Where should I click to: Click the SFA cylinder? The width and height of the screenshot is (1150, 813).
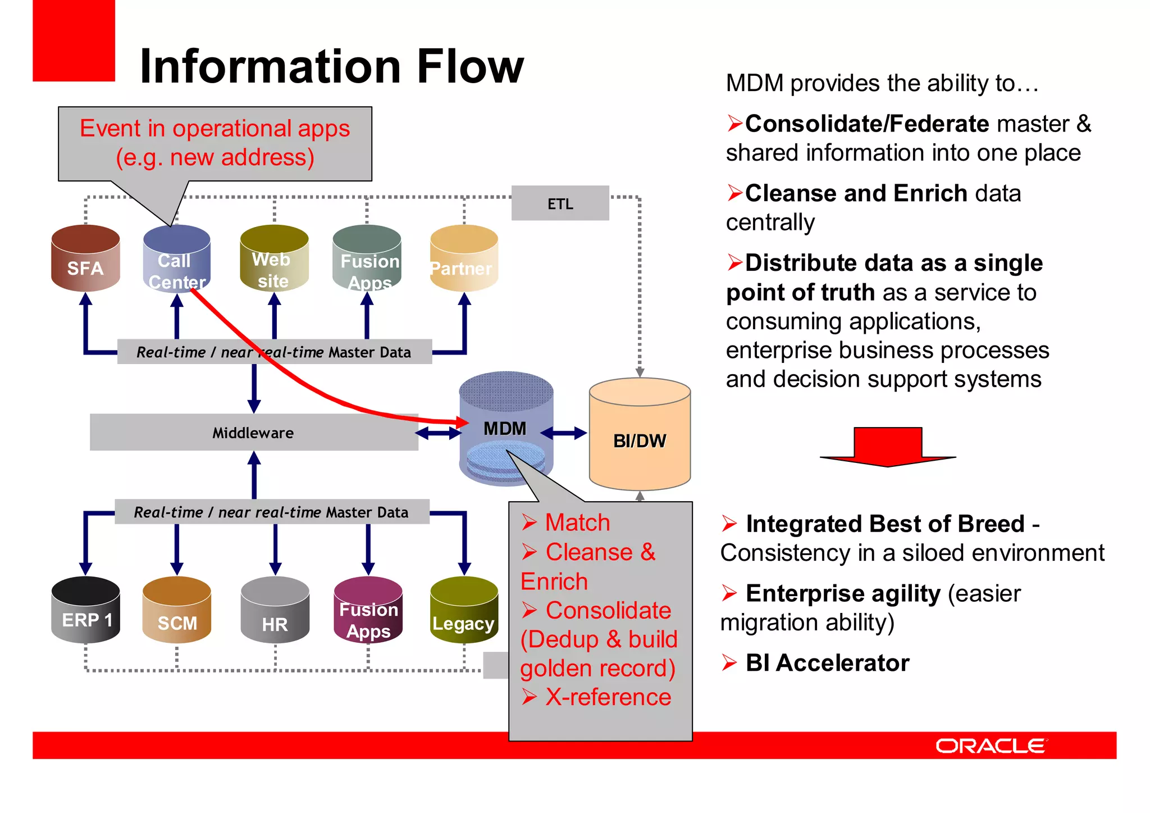point(85,259)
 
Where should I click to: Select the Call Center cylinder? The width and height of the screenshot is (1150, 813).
point(176,259)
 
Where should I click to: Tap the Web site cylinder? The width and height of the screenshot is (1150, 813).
point(274,259)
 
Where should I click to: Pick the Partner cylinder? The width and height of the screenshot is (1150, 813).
point(464,259)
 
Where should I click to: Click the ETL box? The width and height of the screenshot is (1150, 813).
point(560,203)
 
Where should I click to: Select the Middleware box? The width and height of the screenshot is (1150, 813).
point(253,433)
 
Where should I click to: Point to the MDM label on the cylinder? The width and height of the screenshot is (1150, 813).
point(505,429)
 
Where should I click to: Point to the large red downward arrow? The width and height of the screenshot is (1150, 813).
point(888,447)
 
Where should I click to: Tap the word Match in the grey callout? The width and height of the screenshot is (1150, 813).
point(577,523)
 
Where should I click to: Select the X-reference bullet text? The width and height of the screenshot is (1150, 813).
point(608,697)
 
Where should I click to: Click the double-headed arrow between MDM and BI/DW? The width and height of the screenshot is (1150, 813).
point(564,433)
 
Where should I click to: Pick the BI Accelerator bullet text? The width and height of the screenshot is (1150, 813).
point(827,663)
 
